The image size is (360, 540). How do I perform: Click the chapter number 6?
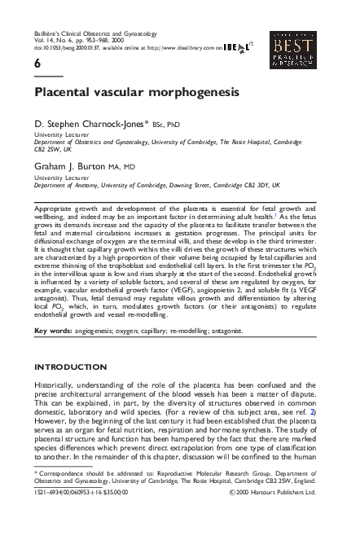click(x=37, y=64)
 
